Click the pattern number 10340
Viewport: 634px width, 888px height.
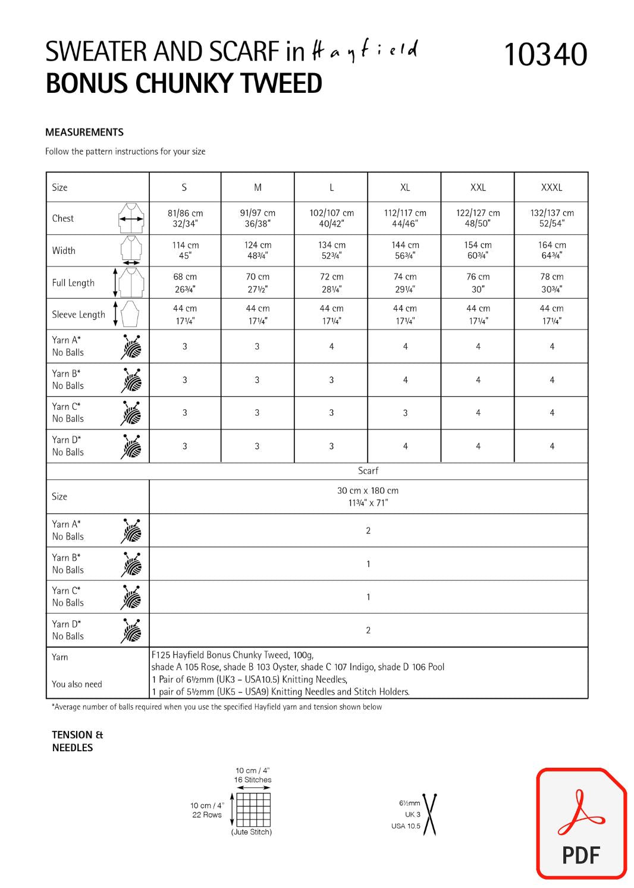pyautogui.click(x=545, y=55)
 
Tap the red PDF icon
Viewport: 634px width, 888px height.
pyautogui.click(x=581, y=823)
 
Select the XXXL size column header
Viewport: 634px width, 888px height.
pyautogui.click(x=551, y=187)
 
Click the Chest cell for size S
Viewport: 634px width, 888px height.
pyautogui.click(x=185, y=218)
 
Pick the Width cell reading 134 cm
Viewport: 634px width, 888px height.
pyautogui.click(x=331, y=250)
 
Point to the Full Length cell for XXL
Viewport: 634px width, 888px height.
pyautogui.click(x=478, y=283)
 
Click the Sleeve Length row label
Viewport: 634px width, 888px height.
pyautogui.click(x=79, y=315)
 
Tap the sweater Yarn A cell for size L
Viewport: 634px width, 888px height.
pyautogui.click(x=331, y=346)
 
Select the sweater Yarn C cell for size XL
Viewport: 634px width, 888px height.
pyautogui.click(x=405, y=413)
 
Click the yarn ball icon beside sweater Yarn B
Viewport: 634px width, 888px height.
pyautogui.click(x=131, y=380)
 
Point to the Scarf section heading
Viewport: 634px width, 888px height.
pyautogui.click(x=368, y=470)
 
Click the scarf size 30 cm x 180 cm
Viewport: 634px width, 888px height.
pyautogui.click(x=368, y=497)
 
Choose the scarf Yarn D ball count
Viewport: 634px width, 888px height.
pyautogui.click(x=368, y=630)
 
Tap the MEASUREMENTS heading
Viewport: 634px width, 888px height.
pyautogui.click(x=84, y=132)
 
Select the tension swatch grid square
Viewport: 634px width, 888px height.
pyautogui.click(x=253, y=809)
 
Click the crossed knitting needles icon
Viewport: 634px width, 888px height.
pyautogui.click(x=429, y=813)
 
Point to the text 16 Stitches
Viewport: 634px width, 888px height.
pyautogui.click(x=253, y=780)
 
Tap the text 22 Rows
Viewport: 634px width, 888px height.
pyautogui.click(x=207, y=815)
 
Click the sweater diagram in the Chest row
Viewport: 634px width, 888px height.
pyautogui.click(x=131, y=218)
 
